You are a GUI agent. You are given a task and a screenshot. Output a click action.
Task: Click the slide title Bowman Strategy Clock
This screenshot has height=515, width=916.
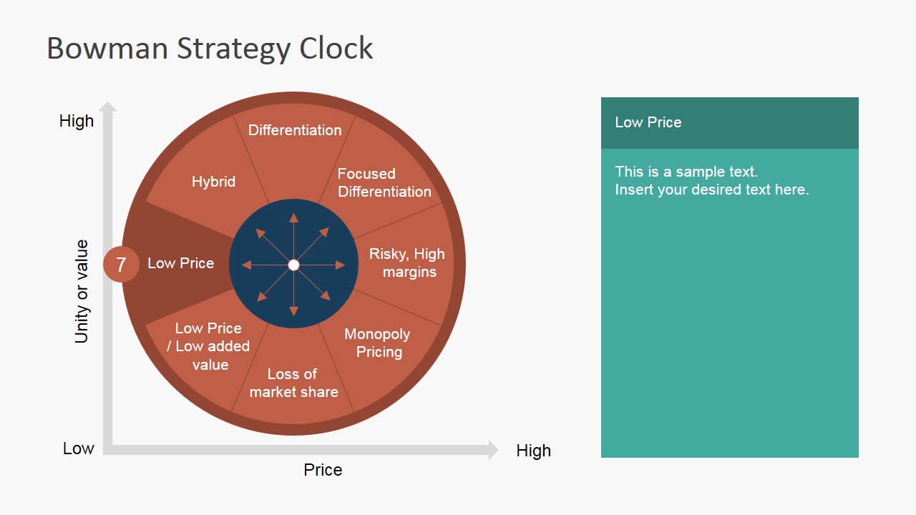click(210, 49)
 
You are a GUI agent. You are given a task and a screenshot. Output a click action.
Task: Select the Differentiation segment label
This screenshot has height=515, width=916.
click(295, 130)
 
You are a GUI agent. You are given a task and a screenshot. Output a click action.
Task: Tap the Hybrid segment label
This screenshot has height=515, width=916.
click(213, 182)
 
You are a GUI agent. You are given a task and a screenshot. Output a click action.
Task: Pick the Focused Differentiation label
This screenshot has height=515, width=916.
click(384, 182)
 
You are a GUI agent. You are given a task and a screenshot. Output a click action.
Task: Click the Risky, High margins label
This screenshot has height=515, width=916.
click(407, 263)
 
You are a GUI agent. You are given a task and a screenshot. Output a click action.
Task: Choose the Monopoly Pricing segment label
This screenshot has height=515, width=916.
click(377, 343)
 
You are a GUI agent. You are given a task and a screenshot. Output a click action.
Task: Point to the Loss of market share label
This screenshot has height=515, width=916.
click(293, 383)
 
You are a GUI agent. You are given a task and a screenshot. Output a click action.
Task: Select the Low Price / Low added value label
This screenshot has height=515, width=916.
click(209, 346)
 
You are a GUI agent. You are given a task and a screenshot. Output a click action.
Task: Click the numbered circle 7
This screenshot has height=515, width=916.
click(121, 265)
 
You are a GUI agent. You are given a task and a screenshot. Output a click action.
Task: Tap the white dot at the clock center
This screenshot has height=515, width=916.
click(293, 265)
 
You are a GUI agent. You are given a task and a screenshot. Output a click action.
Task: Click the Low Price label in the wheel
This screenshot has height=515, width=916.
click(180, 263)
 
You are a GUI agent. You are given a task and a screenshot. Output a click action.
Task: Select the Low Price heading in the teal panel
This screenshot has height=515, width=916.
click(648, 122)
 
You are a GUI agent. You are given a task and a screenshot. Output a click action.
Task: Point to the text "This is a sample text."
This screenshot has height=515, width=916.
click(686, 172)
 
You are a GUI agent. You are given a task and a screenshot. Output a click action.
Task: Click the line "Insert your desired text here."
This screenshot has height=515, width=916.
click(711, 190)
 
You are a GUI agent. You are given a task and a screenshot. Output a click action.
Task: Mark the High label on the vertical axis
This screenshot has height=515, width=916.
click(77, 121)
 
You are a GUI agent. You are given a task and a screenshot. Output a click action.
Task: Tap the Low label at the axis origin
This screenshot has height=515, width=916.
click(79, 448)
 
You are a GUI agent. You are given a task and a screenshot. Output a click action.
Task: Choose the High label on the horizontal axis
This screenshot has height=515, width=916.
click(533, 451)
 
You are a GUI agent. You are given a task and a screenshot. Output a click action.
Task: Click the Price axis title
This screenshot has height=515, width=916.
click(323, 470)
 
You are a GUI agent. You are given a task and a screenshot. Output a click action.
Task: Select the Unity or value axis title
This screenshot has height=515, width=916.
click(82, 291)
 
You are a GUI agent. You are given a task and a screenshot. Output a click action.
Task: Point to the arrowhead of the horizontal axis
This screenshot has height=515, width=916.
click(493, 450)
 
